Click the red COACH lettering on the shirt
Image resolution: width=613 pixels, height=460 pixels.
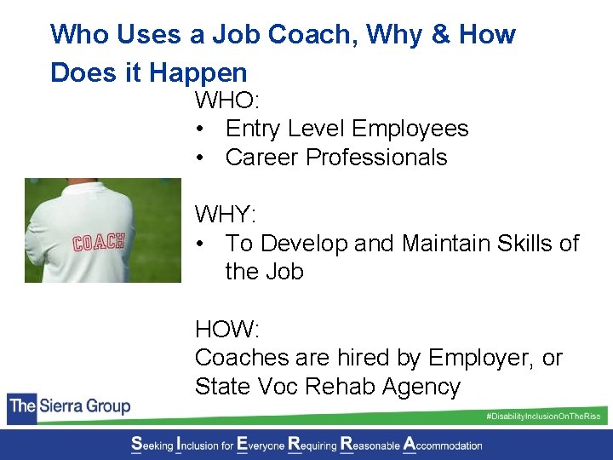tap(99, 242)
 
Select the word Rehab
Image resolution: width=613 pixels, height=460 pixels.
tap(344, 387)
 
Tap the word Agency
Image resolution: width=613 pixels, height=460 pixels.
tap(422, 387)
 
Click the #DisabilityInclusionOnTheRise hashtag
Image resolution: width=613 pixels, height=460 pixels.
tap(542, 416)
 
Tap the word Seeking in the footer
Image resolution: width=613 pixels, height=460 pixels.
tap(151, 445)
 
